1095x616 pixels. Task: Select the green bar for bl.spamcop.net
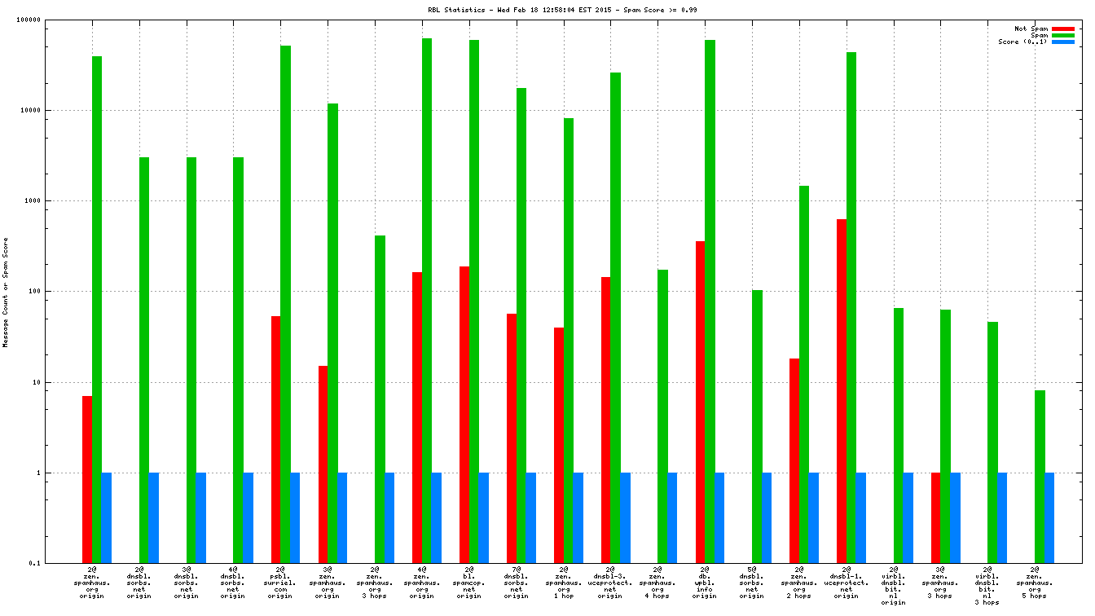(474, 301)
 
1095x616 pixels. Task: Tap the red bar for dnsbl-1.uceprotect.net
(842, 391)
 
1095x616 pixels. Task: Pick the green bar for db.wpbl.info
(710, 301)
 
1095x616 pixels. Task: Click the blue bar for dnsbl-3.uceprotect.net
(625, 517)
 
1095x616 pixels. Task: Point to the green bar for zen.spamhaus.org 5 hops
(1040, 477)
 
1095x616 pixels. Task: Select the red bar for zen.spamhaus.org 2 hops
(794, 460)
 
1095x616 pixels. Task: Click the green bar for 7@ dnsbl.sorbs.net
(521, 325)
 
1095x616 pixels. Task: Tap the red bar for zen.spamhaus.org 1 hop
(559, 445)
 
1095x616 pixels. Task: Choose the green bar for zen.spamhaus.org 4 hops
(662, 416)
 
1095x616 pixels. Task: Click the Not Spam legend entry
(1031, 29)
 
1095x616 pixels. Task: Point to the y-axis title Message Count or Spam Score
(6, 293)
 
